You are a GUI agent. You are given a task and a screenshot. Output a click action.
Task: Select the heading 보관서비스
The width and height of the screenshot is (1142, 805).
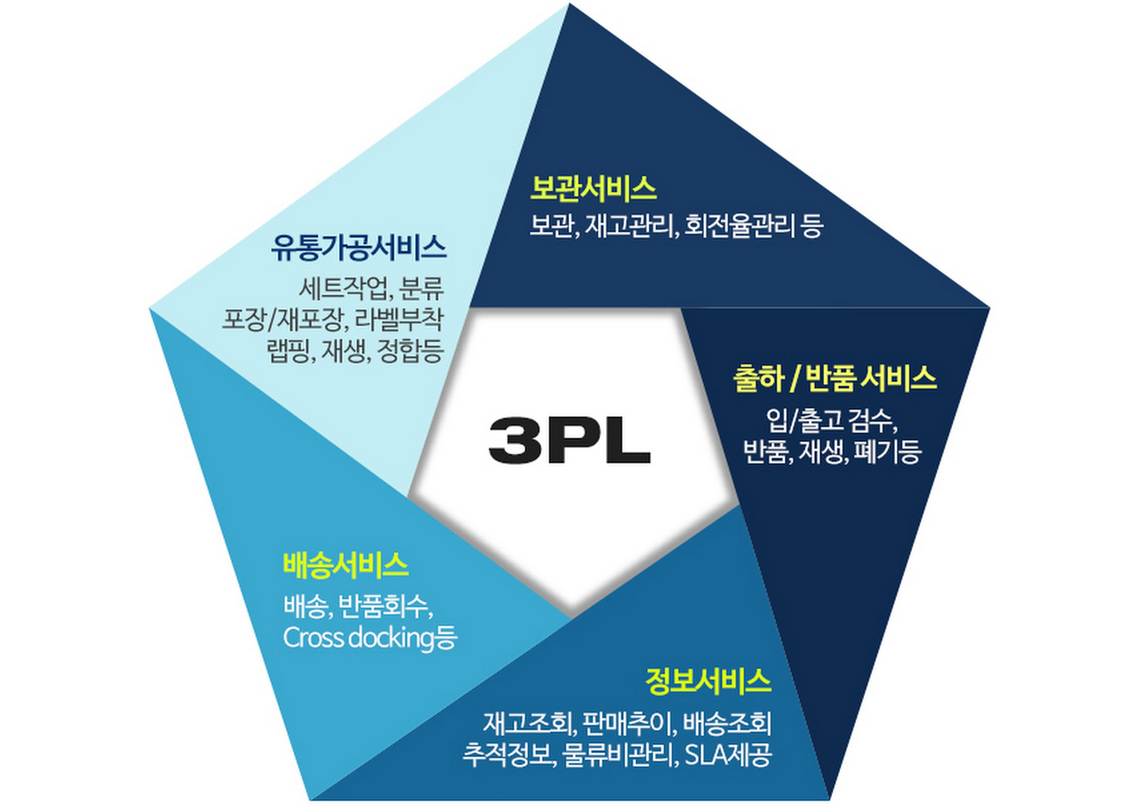click(593, 189)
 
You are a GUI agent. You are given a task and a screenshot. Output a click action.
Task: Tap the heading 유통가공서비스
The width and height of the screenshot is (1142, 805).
click(359, 248)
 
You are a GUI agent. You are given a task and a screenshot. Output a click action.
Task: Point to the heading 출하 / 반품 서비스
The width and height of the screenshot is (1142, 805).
click(834, 379)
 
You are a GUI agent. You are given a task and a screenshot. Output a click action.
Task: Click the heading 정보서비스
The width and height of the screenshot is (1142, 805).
click(708, 681)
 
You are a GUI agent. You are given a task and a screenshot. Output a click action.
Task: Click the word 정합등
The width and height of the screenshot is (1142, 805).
click(410, 351)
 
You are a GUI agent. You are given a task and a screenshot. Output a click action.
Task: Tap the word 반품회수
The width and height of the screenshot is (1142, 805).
click(384, 607)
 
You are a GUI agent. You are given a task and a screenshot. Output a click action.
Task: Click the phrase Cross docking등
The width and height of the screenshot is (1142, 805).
click(370, 638)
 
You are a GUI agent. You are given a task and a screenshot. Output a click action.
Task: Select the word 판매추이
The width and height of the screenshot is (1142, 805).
click(629, 724)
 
